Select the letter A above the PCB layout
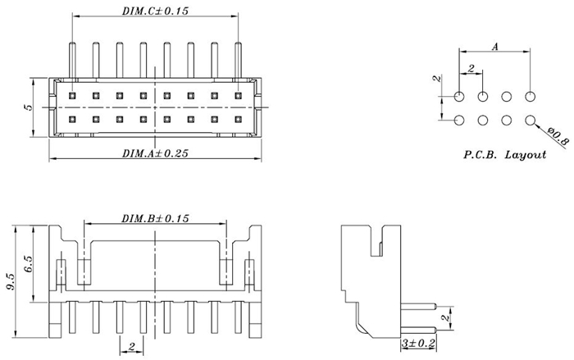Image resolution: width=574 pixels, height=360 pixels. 495,48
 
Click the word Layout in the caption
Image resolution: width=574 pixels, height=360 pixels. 525,154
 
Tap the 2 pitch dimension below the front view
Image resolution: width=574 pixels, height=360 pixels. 131,346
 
